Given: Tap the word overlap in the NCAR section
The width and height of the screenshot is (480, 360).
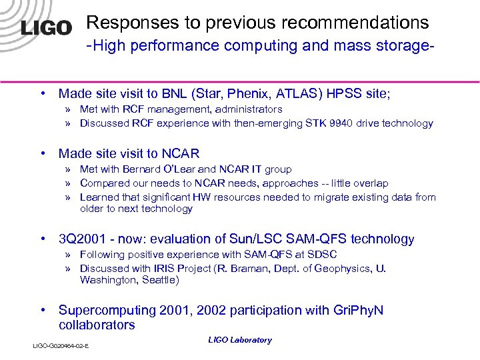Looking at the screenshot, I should click(371, 183).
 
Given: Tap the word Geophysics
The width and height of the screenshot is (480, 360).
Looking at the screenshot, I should click(342, 269).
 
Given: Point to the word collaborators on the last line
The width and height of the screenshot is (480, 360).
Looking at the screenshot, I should click(97, 325).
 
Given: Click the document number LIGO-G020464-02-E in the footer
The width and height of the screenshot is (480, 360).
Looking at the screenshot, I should click(61, 346).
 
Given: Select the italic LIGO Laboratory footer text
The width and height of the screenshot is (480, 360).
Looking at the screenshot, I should click(240, 340).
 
